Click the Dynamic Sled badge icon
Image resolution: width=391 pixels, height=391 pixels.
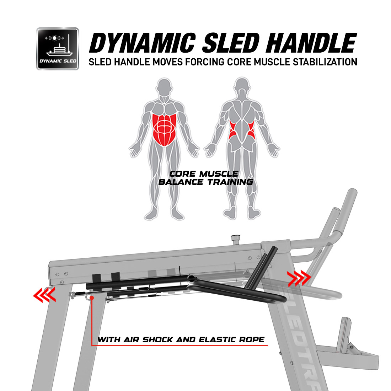(x=58, y=49)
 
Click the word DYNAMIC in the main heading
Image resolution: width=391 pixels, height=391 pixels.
(x=143, y=43)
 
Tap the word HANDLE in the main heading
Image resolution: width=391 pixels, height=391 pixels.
(x=311, y=43)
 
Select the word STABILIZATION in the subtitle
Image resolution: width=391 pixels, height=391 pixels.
(x=325, y=62)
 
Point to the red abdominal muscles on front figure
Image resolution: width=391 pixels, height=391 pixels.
(x=164, y=129)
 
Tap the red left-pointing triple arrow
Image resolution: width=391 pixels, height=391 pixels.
(x=44, y=295)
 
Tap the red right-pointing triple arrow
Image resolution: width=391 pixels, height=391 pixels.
(x=299, y=278)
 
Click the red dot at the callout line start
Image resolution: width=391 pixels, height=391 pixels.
(x=92, y=298)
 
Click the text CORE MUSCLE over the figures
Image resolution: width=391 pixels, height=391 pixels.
(x=204, y=173)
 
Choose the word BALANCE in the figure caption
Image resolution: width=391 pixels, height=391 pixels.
(x=181, y=182)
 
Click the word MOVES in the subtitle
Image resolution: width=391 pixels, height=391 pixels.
(x=167, y=62)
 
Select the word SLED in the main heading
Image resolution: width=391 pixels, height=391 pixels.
(x=231, y=43)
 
